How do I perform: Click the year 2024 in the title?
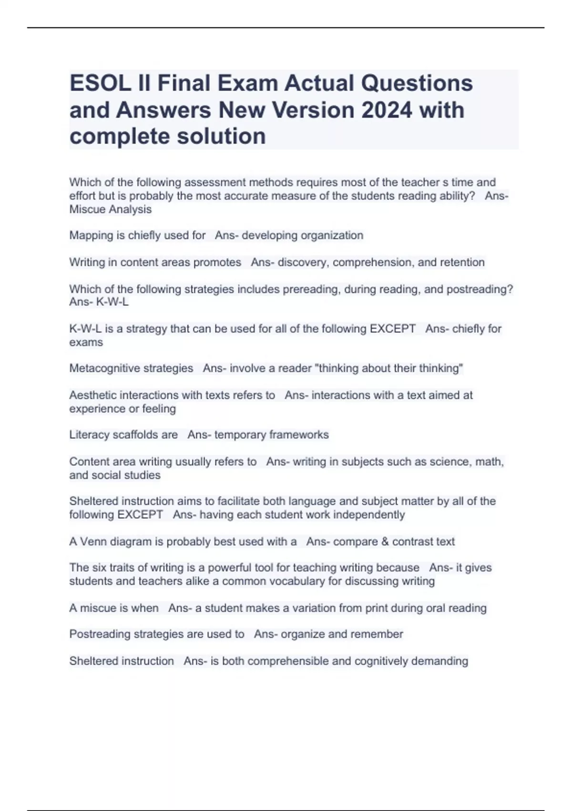click(387, 110)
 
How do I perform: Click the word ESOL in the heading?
click(100, 83)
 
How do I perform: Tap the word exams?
click(86, 343)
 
